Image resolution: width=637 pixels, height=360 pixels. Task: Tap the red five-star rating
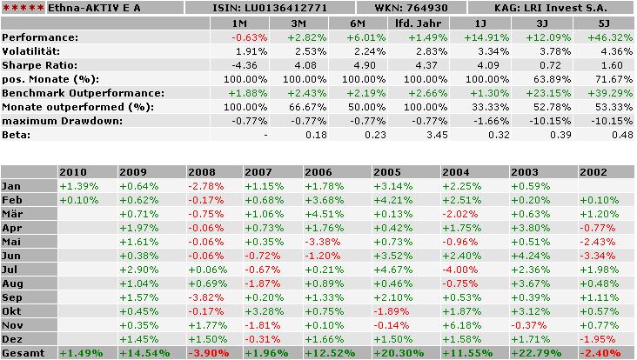click(19, 8)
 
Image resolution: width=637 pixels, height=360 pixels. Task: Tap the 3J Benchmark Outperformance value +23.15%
click(546, 93)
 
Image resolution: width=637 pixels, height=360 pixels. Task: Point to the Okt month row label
click(11, 311)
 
